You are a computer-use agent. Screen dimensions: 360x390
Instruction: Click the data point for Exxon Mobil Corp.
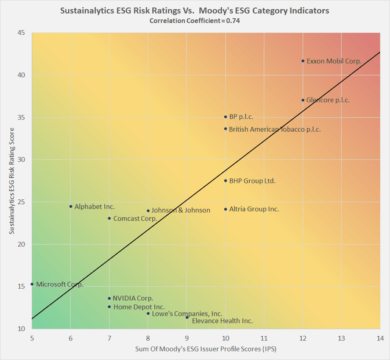303,61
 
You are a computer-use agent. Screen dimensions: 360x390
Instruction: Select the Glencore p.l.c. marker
303,100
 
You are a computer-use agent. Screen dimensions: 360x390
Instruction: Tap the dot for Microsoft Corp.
32,284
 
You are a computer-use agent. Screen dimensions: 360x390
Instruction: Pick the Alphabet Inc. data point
71,206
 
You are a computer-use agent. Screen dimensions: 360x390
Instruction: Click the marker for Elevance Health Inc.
187,317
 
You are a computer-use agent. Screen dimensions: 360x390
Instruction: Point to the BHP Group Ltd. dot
225,180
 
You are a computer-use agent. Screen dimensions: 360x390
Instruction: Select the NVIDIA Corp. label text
133,298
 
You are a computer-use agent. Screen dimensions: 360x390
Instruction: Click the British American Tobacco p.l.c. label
275,129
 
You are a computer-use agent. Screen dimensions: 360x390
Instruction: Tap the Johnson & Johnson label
181,211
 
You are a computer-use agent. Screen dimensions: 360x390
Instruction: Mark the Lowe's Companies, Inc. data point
148,313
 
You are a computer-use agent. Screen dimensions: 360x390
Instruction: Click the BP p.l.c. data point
225,116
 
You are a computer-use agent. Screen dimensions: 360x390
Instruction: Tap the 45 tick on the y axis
20,33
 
